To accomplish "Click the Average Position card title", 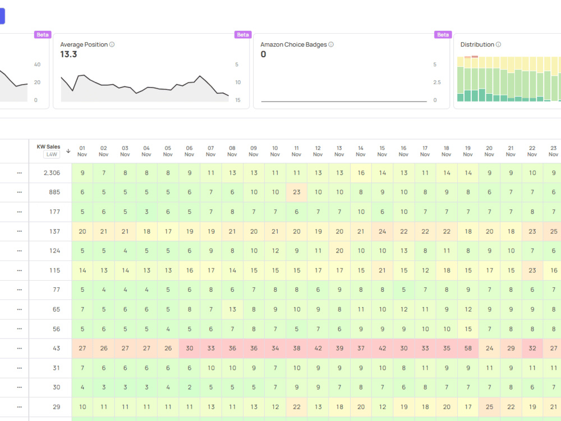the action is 84,44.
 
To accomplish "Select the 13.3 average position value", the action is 68,54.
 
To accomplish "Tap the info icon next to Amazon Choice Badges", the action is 331,44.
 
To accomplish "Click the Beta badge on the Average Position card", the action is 243,35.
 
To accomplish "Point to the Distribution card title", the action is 477,44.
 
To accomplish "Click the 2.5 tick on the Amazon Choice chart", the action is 437,83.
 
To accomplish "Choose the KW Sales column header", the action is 48,147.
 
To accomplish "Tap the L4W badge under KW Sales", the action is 52,154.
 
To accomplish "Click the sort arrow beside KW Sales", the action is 68,151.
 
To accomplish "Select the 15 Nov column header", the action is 382,151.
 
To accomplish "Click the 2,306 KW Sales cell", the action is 52,173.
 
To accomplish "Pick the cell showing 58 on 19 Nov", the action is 468,349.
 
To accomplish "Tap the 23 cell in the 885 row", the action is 297,192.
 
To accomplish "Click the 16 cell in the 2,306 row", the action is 361,173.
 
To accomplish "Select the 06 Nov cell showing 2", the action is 190,387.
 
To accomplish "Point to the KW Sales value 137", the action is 55,232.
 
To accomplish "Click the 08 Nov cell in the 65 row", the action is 233,309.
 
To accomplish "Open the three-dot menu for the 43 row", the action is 19,349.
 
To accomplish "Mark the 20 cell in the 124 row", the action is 339,251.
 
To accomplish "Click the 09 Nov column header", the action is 254,151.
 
